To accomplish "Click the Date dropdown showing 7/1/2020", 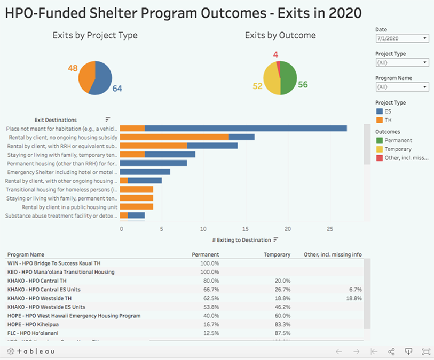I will pyautogui.click(x=402, y=38).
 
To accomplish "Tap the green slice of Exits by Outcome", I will pyautogui.click(x=288, y=78).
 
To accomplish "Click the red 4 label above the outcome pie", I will pyautogui.click(x=275, y=54).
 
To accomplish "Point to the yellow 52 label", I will pyautogui.click(x=257, y=86).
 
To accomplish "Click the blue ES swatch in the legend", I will pyautogui.click(x=380, y=111).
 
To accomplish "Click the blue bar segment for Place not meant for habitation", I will pyautogui.click(x=246, y=128).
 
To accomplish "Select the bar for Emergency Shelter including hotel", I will pyautogui.click(x=145, y=172).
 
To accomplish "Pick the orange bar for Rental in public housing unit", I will pyautogui.click(x=137, y=206).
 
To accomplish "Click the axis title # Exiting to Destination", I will pyautogui.click(x=241, y=240).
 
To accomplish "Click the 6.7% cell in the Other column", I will pyautogui.click(x=354, y=289).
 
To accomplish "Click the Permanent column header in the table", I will pyautogui.click(x=206, y=254).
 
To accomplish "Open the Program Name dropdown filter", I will pyautogui.click(x=402, y=87).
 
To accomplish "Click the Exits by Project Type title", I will pyautogui.click(x=95, y=36).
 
